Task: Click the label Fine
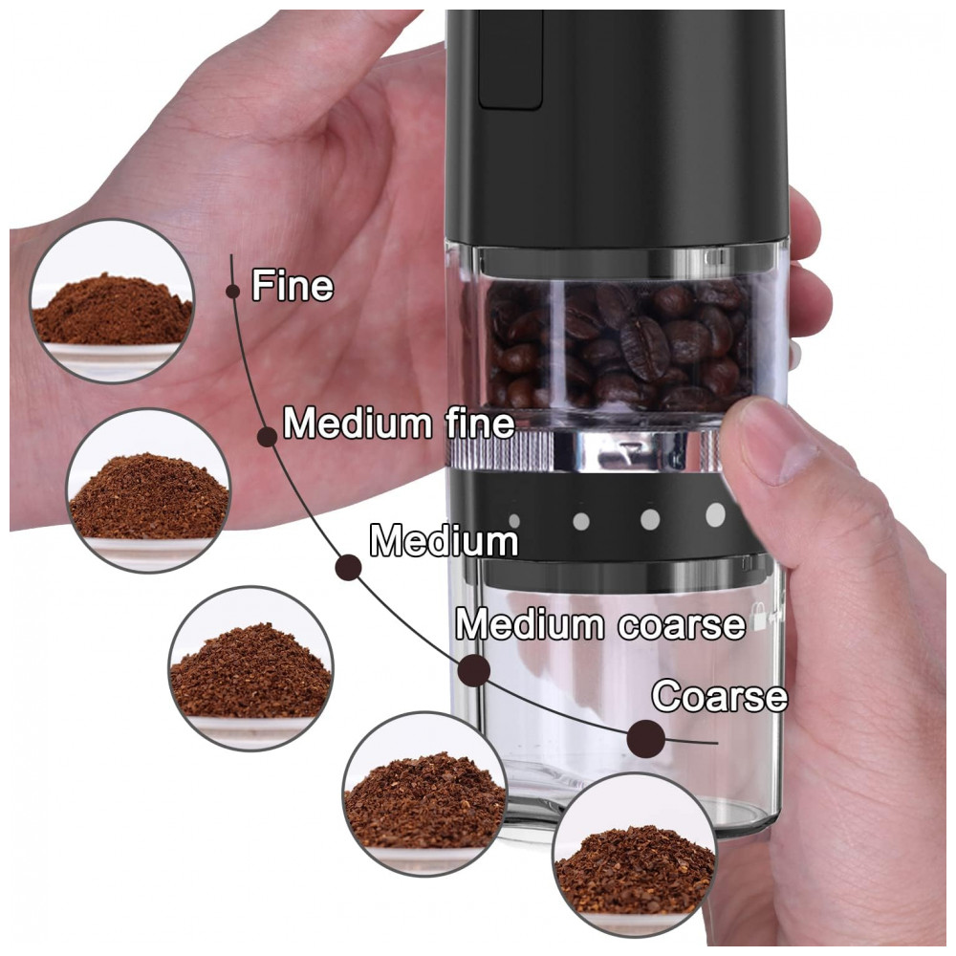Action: pos(293,285)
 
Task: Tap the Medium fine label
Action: pos(400,423)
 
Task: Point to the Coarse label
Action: pos(720,696)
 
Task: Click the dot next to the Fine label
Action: pos(232,291)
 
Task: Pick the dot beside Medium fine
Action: pos(267,437)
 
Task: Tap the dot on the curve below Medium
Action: pos(349,568)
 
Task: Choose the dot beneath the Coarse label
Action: pos(645,738)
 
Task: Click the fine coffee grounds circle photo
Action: pos(112,301)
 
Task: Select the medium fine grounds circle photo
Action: pos(149,490)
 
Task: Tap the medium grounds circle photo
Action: pos(250,668)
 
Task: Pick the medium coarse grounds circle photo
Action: pos(425,793)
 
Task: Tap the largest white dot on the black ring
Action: pos(716,514)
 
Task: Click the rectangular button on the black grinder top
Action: pos(511,59)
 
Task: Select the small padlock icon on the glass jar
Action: pos(759,616)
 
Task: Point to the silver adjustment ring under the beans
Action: pos(585,451)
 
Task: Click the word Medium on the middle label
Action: pos(444,541)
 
